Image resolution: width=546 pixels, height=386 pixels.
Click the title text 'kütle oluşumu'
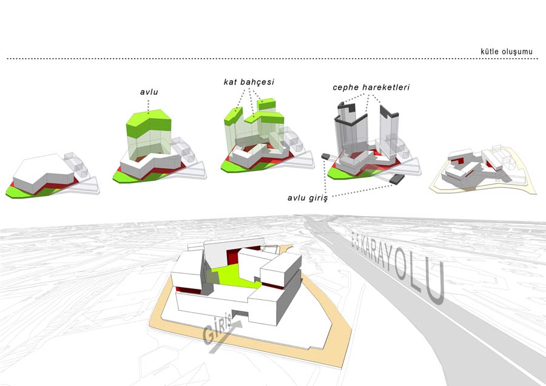click(x=507, y=52)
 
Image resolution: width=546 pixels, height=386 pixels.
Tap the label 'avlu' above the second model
click(x=149, y=92)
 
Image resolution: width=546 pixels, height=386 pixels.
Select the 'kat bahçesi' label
click(x=249, y=82)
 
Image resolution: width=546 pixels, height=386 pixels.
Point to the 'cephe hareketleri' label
click(x=371, y=87)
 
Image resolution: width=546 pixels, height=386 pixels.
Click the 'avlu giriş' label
click(x=308, y=198)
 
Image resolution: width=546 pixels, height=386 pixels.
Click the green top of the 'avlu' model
click(x=149, y=123)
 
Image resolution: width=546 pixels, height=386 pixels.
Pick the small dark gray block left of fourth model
click(x=326, y=157)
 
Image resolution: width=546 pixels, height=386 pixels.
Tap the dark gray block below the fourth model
click(x=397, y=179)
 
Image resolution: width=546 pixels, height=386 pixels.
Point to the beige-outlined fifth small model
click(x=484, y=170)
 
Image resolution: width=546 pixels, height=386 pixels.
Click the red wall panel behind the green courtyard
click(x=232, y=257)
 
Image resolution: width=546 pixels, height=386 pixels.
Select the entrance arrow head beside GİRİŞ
click(x=238, y=323)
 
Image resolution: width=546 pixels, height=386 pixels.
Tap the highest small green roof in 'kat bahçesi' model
click(x=266, y=104)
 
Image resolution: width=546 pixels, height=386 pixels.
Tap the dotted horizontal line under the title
click(x=272, y=58)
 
